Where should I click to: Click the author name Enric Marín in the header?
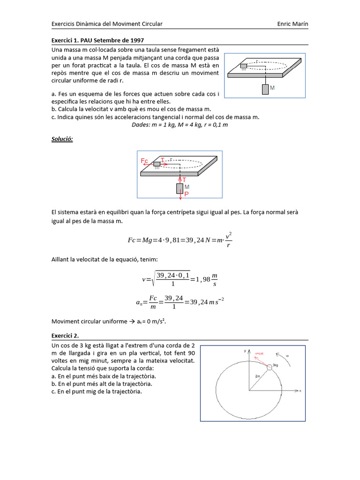click(292, 24)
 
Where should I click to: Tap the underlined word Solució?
click(62, 139)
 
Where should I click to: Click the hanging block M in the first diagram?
click(266, 89)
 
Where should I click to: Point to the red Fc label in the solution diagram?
click(144, 161)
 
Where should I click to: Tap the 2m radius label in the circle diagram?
click(258, 376)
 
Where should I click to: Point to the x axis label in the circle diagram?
click(300, 390)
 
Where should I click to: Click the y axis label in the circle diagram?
click(245, 351)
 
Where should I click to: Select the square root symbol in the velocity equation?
click(151, 279)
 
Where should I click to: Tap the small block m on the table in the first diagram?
click(243, 66)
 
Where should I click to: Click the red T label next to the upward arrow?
click(184, 180)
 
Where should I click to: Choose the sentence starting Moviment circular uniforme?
click(109, 322)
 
